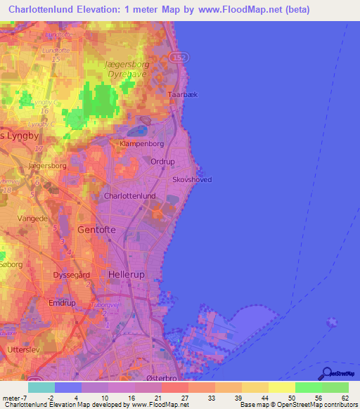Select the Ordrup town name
click(x=163, y=162)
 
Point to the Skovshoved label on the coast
click(x=192, y=180)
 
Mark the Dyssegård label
click(x=73, y=275)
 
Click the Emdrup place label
click(x=62, y=303)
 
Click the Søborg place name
click(x=11, y=265)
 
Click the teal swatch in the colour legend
click(x=41, y=387)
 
